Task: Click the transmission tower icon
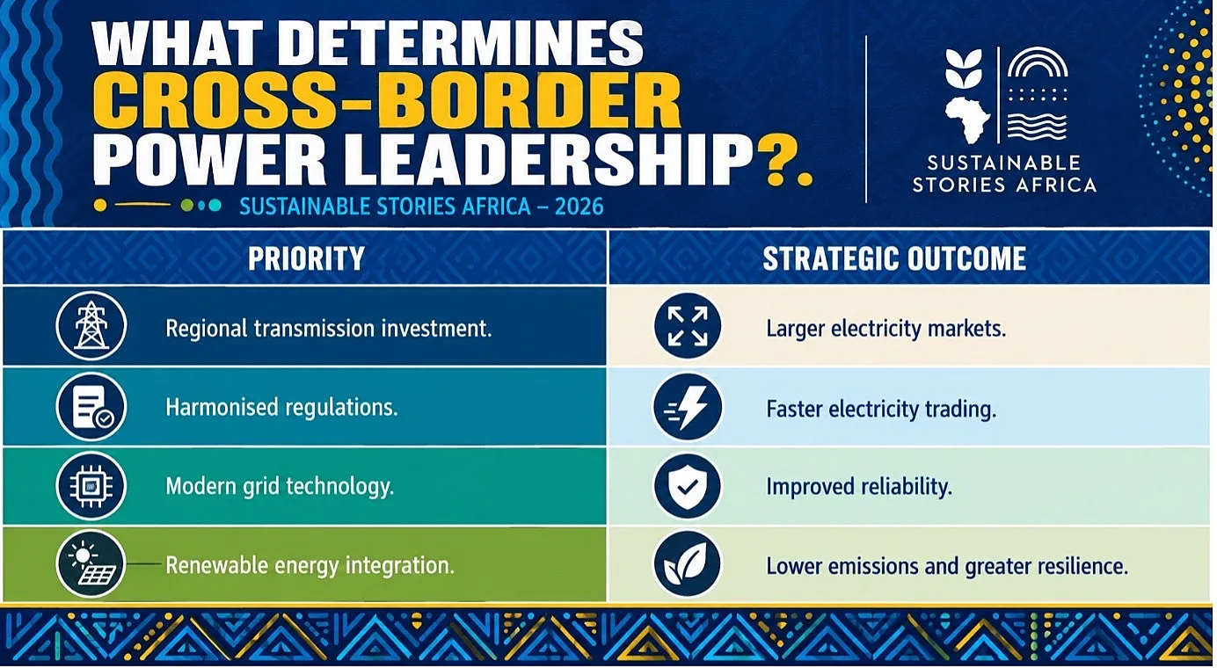[91, 325]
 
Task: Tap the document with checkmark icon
[91, 406]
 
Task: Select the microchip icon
[91, 485]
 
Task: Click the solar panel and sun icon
[91, 564]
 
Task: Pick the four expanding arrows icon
[688, 326]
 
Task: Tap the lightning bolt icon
[688, 406]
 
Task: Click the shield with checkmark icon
[688, 486]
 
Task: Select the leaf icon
[688, 565]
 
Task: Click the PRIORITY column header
[306, 258]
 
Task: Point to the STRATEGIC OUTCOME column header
[894, 258]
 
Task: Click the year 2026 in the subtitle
[579, 207]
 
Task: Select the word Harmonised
[222, 407]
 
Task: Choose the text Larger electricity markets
[886, 329]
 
